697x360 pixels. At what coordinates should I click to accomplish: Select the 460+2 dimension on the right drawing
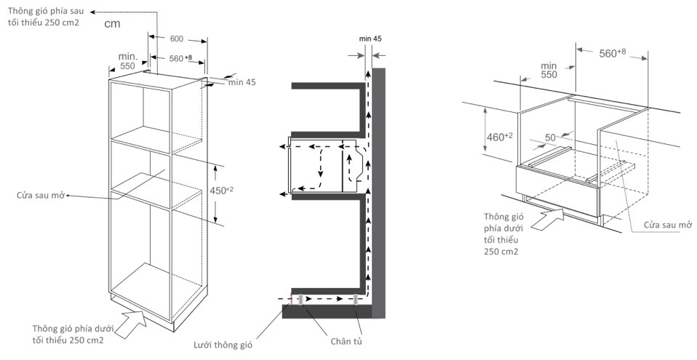coord(493,136)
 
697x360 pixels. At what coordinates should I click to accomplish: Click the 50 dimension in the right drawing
coord(549,137)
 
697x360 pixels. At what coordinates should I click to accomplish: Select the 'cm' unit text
coord(111,24)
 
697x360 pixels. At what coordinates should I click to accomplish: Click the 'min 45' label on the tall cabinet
coord(242,82)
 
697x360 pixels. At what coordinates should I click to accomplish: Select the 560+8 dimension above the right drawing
coord(612,52)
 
